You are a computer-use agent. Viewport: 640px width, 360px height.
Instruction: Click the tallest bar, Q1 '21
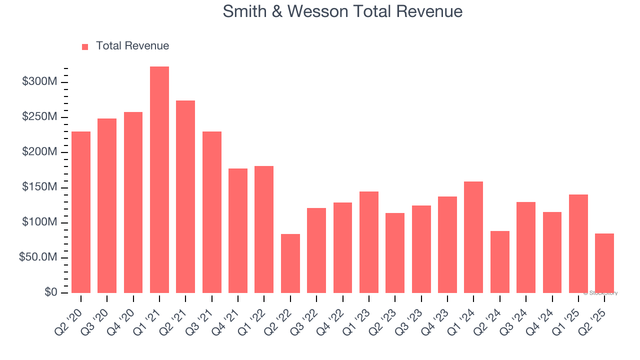coord(159,179)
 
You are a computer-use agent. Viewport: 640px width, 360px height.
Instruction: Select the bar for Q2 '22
coord(290,263)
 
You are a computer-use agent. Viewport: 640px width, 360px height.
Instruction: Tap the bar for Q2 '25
coord(604,263)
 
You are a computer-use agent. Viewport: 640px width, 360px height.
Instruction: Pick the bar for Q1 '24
coord(473,237)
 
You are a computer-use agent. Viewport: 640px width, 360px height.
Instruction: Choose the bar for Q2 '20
coord(81,212)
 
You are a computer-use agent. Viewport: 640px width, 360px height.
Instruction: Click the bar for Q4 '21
coord(238,230)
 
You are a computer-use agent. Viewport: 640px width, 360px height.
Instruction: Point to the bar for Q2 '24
coord(499,262)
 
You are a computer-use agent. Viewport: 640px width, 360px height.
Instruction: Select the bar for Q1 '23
coord(369,242)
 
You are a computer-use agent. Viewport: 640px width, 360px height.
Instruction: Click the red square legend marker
coord(85,46)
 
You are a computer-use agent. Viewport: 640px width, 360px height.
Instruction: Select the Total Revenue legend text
coord(132,46)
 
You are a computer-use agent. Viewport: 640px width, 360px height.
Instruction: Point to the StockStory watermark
coord(600,293)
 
